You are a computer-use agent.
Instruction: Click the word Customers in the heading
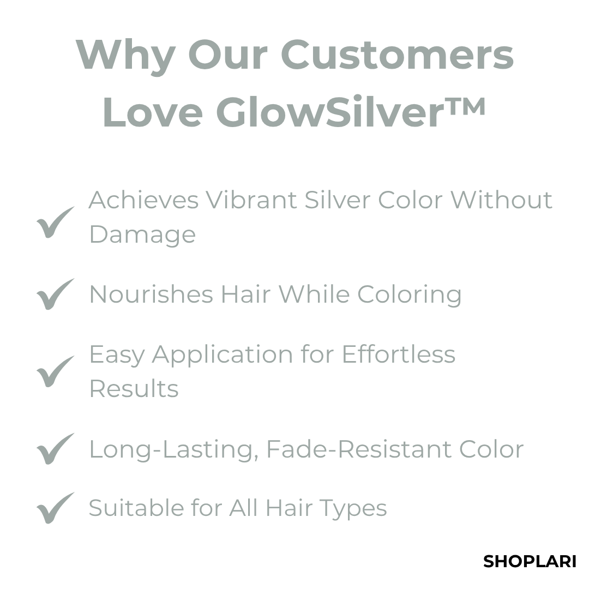[397, 55]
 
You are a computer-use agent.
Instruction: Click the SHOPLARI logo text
[530, 561]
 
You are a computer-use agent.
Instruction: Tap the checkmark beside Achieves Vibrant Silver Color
[55, 222]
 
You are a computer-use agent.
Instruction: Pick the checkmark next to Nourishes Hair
[55, 294]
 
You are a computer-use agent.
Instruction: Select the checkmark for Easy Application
[55, 371]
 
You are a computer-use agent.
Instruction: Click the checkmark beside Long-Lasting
[55, 449]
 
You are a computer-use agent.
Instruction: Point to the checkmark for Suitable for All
[55, 508]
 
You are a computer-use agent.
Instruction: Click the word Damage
[142, 235]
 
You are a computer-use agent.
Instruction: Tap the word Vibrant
[251, 200]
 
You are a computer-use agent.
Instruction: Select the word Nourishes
[151, 294]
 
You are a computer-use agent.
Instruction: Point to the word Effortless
[398, 354]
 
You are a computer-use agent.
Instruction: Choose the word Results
[134, 389]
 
